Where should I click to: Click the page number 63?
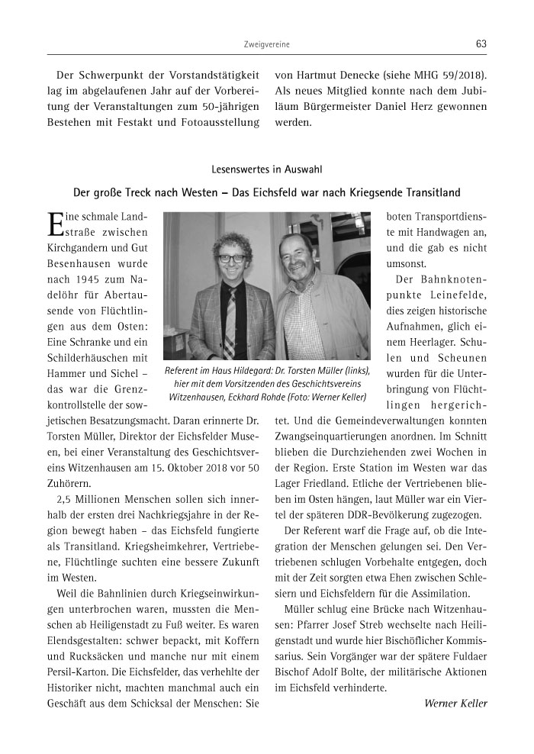click(481, 44)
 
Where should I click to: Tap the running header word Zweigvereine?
click(266, 45)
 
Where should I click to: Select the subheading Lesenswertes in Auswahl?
click(266, 170)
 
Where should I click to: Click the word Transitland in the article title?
click(429, 192)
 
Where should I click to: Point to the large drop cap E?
click(54, 223)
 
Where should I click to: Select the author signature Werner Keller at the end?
click(455, 702)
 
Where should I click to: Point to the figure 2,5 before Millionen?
click(65, 499)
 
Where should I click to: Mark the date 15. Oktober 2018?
click(199, 466)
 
